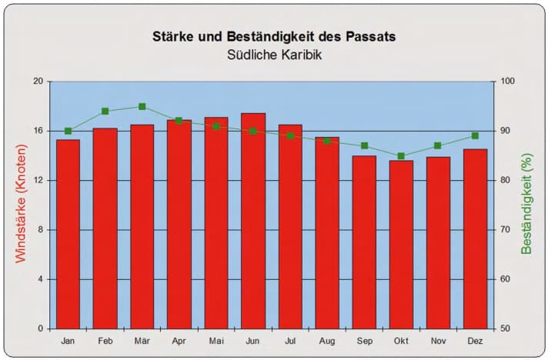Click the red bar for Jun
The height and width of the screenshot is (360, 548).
[x=253, y=223]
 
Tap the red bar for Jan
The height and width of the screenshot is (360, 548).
[x=68, y=235]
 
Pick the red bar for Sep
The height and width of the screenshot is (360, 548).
[x=364, y=242]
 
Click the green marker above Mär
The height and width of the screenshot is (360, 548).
[x=142, y=107]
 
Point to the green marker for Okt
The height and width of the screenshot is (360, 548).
[x=401, y=156]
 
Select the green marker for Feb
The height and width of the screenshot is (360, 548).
[x=105, y=112]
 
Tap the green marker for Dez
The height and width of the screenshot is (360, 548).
[x=475, y=136]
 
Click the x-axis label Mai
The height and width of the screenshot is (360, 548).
[x=216, y=341]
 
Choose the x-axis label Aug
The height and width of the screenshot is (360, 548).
[x=327, y=341]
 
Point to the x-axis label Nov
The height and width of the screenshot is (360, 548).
[x=438, y=341]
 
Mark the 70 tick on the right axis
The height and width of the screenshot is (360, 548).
[x=504, y=230]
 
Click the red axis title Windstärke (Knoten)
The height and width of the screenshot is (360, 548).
[x=21, y=205]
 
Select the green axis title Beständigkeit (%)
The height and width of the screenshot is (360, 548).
[x=527, y=204]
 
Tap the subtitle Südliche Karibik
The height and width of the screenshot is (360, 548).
[x=274, y=55]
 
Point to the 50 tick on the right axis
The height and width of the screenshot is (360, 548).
[x=504, y=328]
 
